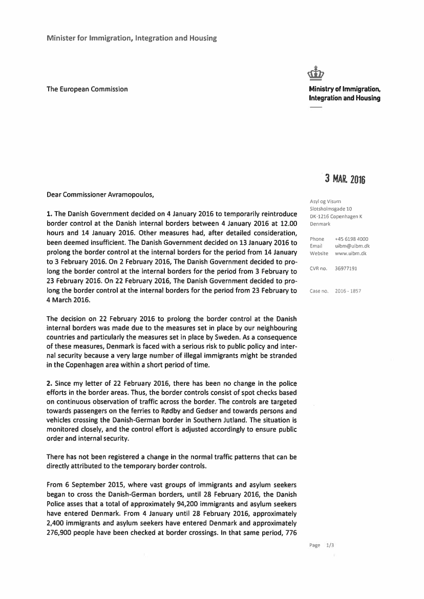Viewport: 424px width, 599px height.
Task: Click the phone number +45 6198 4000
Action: point(351,239)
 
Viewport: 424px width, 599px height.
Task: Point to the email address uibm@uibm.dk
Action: point(352,246)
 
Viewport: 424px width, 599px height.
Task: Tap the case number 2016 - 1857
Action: point(348,291)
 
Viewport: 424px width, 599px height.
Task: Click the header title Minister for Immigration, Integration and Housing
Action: point(132,38)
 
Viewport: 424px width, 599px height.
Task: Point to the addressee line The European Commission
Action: point(87,89)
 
